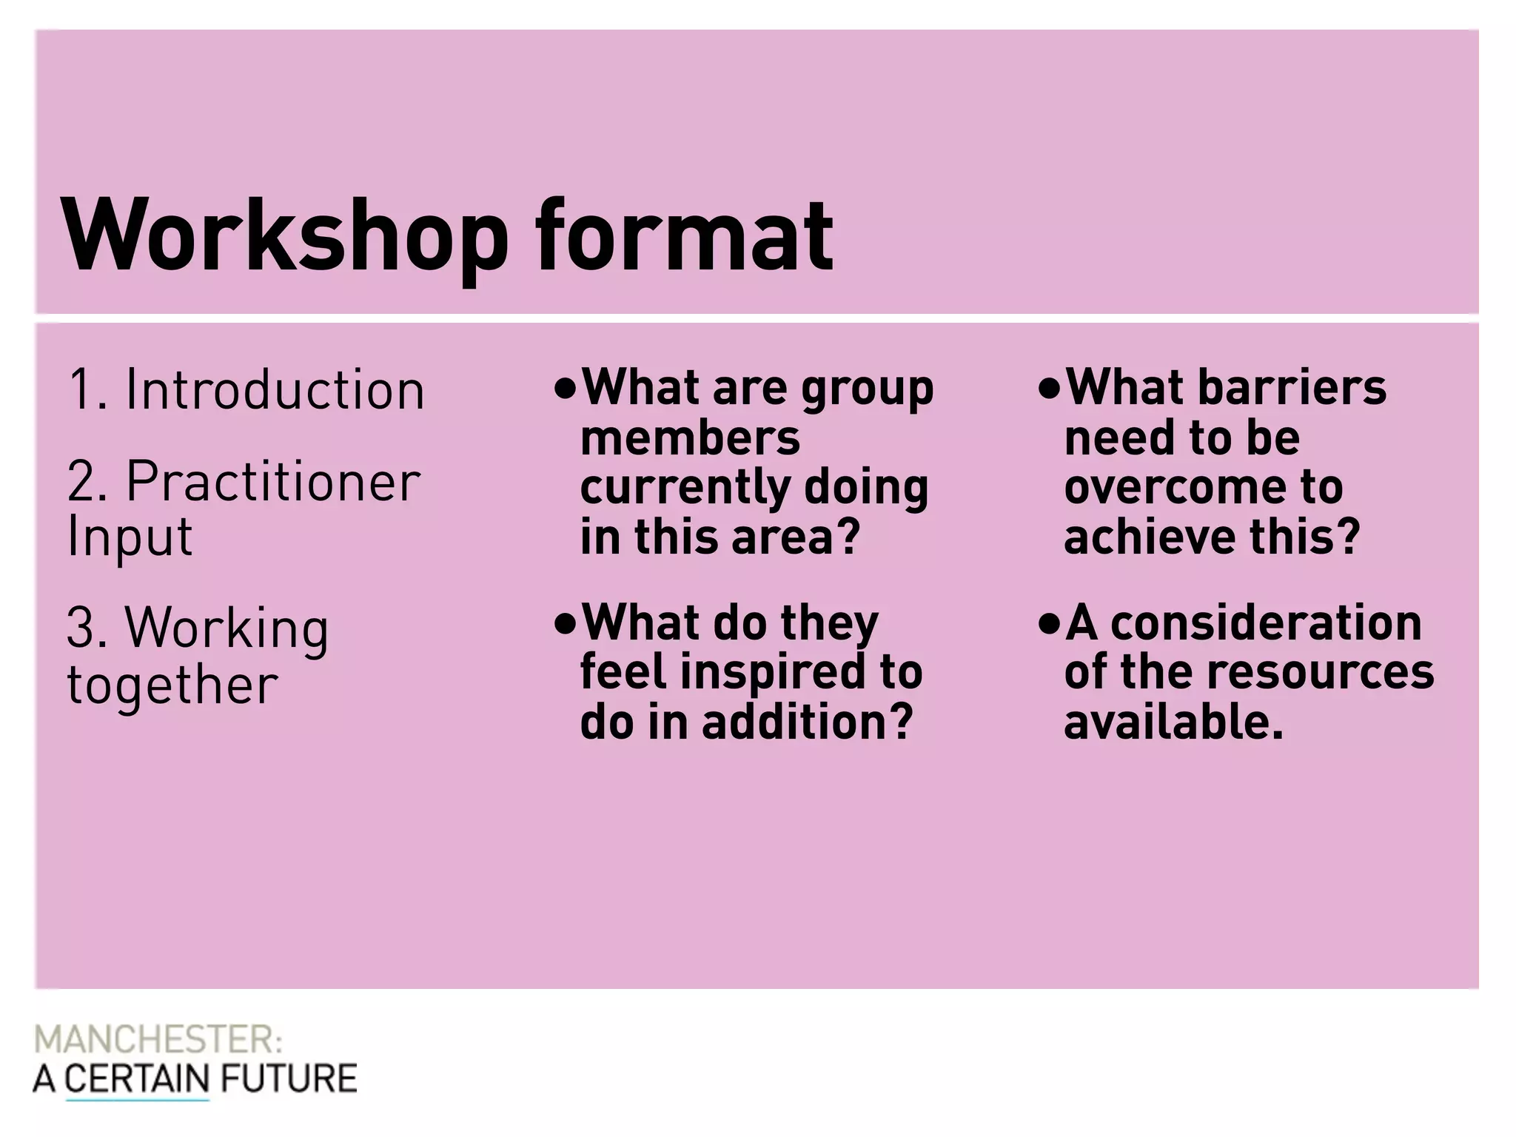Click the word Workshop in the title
pos(286,235)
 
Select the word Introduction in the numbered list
pos(275,389)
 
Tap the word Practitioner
pos(273,482)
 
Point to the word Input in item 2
pos(130,537)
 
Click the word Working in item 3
pos(227,628)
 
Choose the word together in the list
pos(172,685)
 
